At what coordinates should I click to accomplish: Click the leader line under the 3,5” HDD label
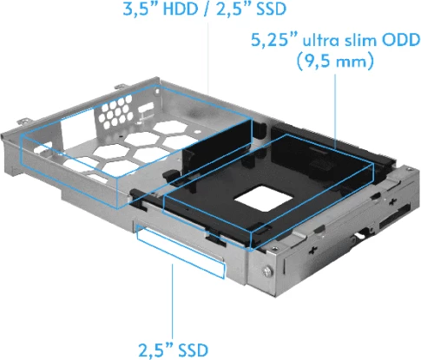pos(209,61)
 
